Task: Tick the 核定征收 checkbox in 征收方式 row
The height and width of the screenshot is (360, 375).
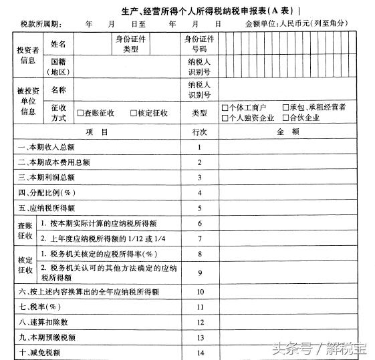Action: point(134,114)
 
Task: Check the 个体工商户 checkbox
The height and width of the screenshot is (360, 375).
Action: point(225,108)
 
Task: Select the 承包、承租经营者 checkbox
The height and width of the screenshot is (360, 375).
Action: point(285,108)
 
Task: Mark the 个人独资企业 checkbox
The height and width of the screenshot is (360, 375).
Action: point(225,118)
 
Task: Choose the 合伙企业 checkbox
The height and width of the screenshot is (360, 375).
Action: point(285,118)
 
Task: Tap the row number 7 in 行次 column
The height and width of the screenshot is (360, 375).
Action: point(199,238)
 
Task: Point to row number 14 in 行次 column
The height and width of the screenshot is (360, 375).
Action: point(199,353)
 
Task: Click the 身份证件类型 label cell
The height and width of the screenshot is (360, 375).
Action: point(131,44)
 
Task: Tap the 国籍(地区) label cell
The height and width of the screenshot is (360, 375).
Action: point(58,67)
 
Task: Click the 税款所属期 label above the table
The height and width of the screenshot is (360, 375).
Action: point(40,25)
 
